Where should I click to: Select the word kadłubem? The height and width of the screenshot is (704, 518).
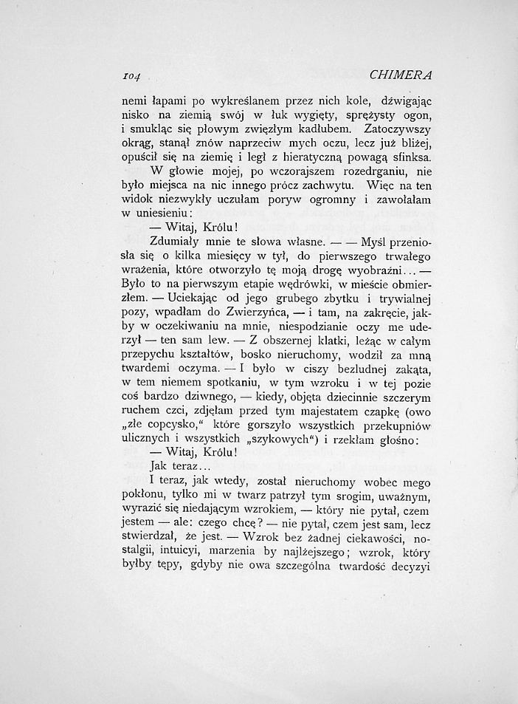(294, 130)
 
